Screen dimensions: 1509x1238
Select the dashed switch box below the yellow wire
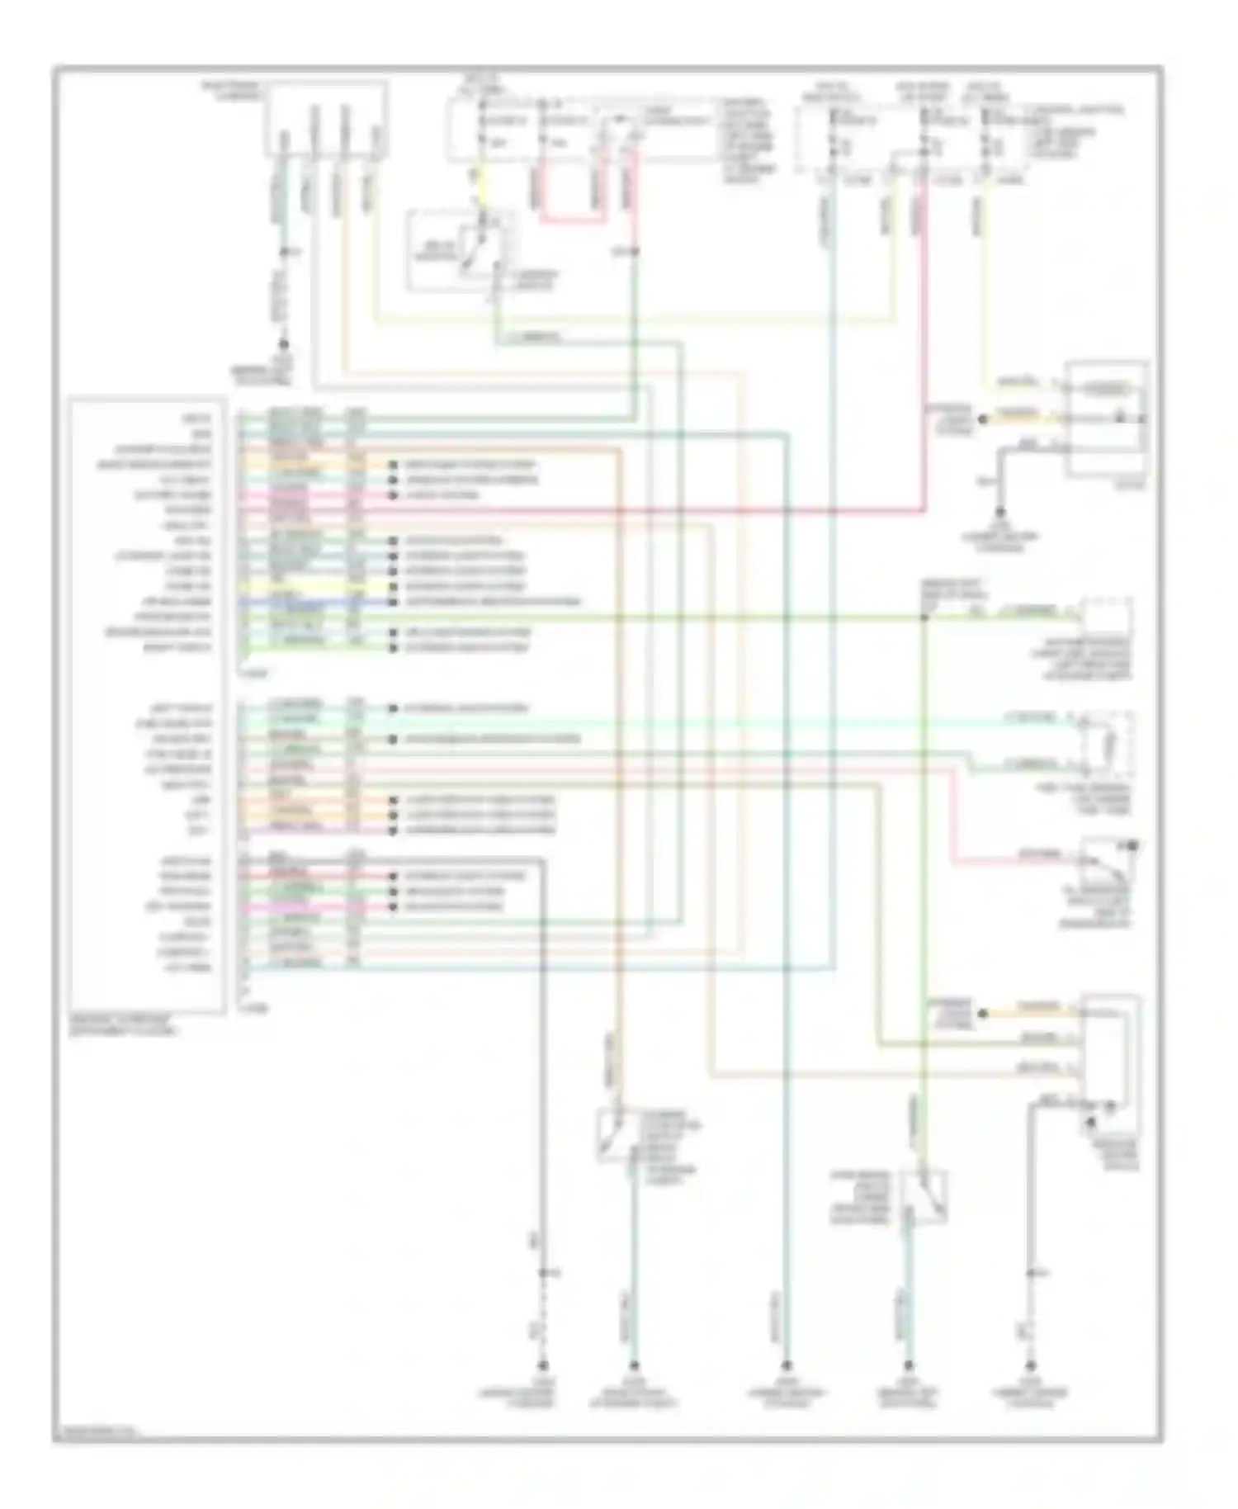tap(461, 250)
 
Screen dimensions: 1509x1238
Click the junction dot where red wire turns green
tap(635, 250)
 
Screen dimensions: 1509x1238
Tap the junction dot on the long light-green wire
tap(924, 617)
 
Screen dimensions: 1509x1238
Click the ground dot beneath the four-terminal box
tap(283, 343)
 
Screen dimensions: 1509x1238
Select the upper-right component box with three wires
tap(1107, 419)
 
